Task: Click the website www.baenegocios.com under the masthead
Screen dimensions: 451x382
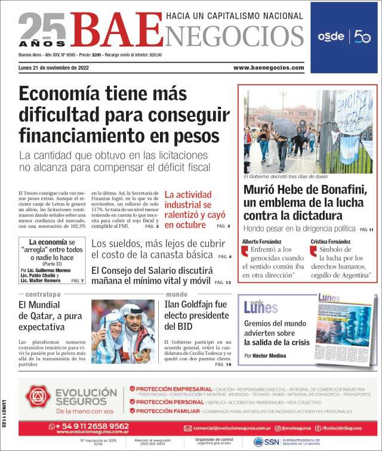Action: pyautogui.click(x=268, y=67)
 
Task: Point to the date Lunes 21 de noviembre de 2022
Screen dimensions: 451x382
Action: pyautogui.click(x=54, y=67)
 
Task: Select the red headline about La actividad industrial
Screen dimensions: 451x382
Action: pyautogui.click(x=187, y=209)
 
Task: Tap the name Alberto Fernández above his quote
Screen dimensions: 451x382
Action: pyautogui.click(x=263, y=241)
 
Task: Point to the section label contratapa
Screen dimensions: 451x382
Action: pyautogui.click(x=42, y=295)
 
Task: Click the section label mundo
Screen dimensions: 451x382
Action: pyautogui.click(x=177, y=295)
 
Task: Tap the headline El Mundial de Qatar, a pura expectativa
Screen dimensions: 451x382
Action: pyautogui.click(x=50, y=316)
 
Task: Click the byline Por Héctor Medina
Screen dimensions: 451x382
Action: pyautogui.click(x=264, y=356)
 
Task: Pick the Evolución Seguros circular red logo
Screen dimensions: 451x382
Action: pyautogui.click(x=37, y=396)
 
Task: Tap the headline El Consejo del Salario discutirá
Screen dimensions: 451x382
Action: pyautogui.click(x=152, y=275)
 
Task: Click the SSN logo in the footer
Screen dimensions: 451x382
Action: pyautogui.click(x=266, y=442)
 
